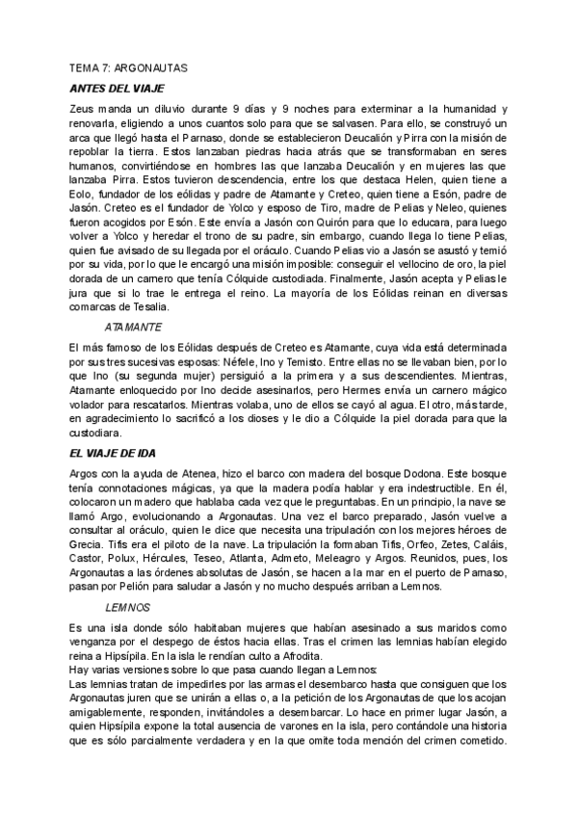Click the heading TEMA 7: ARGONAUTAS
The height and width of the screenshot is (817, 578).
pos(129,70)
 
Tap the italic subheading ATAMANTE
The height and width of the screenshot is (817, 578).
pos(133,327)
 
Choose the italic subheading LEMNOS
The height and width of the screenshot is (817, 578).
pos(127,608)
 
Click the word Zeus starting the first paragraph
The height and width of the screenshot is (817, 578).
pos(84,111)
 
